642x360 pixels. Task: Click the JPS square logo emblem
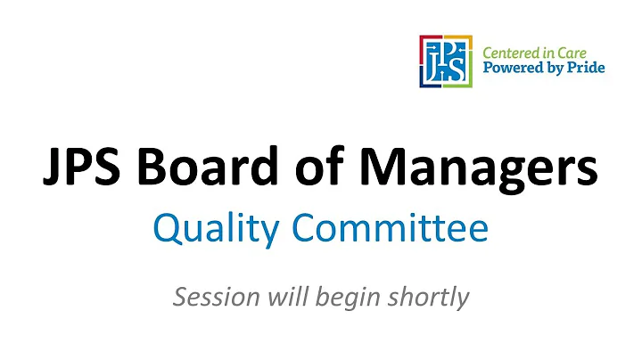[447, 61]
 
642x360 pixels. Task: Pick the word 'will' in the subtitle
[284, 296]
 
